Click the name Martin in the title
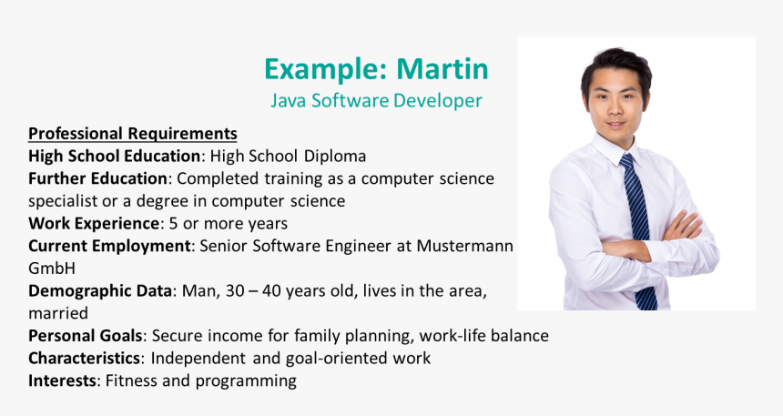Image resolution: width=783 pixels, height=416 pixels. pos(442,68)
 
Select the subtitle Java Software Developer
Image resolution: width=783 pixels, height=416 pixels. pos(377,100)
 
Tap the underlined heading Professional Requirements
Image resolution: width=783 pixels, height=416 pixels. pos(132,134)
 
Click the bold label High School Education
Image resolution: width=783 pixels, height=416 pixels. pos(115,156)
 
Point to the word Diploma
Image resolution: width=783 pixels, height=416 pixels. pos(334,157)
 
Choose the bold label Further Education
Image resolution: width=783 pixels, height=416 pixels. pos(97,178)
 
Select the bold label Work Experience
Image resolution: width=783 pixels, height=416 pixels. pos(94,223)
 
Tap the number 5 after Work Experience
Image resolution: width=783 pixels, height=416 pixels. pos(173,223)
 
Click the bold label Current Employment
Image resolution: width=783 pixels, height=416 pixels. pos(109,246)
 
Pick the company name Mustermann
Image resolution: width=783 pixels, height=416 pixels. pos(465,246)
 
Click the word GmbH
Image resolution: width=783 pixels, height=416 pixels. pos(52,269)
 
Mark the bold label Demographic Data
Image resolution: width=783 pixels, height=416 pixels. pos(100,290)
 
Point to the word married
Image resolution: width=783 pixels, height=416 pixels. pos(58,313)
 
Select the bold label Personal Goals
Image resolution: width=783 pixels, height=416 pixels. pos(86,336)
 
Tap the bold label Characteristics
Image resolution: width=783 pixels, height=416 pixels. pos(84,358)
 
